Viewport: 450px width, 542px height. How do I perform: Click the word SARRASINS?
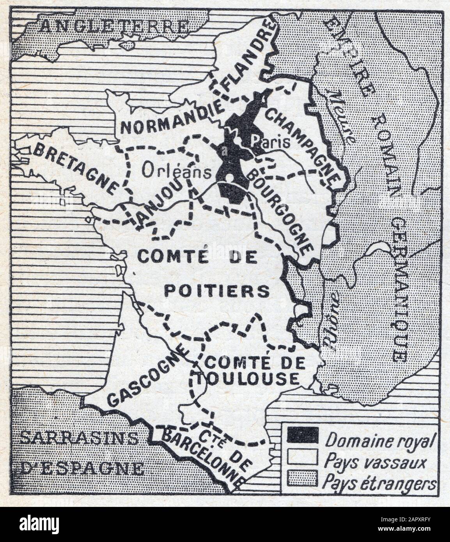coord(78,438)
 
